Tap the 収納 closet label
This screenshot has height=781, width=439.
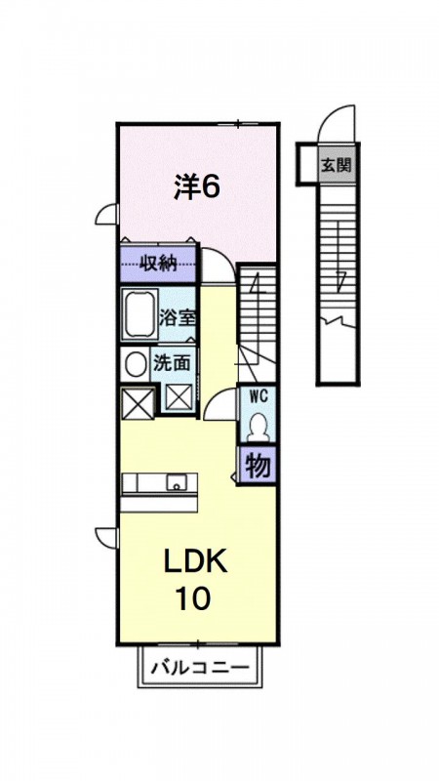(x=157, y=262)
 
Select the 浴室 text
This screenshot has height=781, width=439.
(x=178, y=316)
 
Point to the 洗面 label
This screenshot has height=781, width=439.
(x=172, y=363)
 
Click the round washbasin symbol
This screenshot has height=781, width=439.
(x=134, y=364)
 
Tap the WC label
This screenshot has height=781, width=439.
(x=259, y=395)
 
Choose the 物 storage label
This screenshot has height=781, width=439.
(x=258, y=466)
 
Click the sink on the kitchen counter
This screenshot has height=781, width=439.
(x=177, y=482)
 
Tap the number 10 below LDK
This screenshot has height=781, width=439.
(x=193, y=597)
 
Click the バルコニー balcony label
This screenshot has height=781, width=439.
(x=199, y=670)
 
